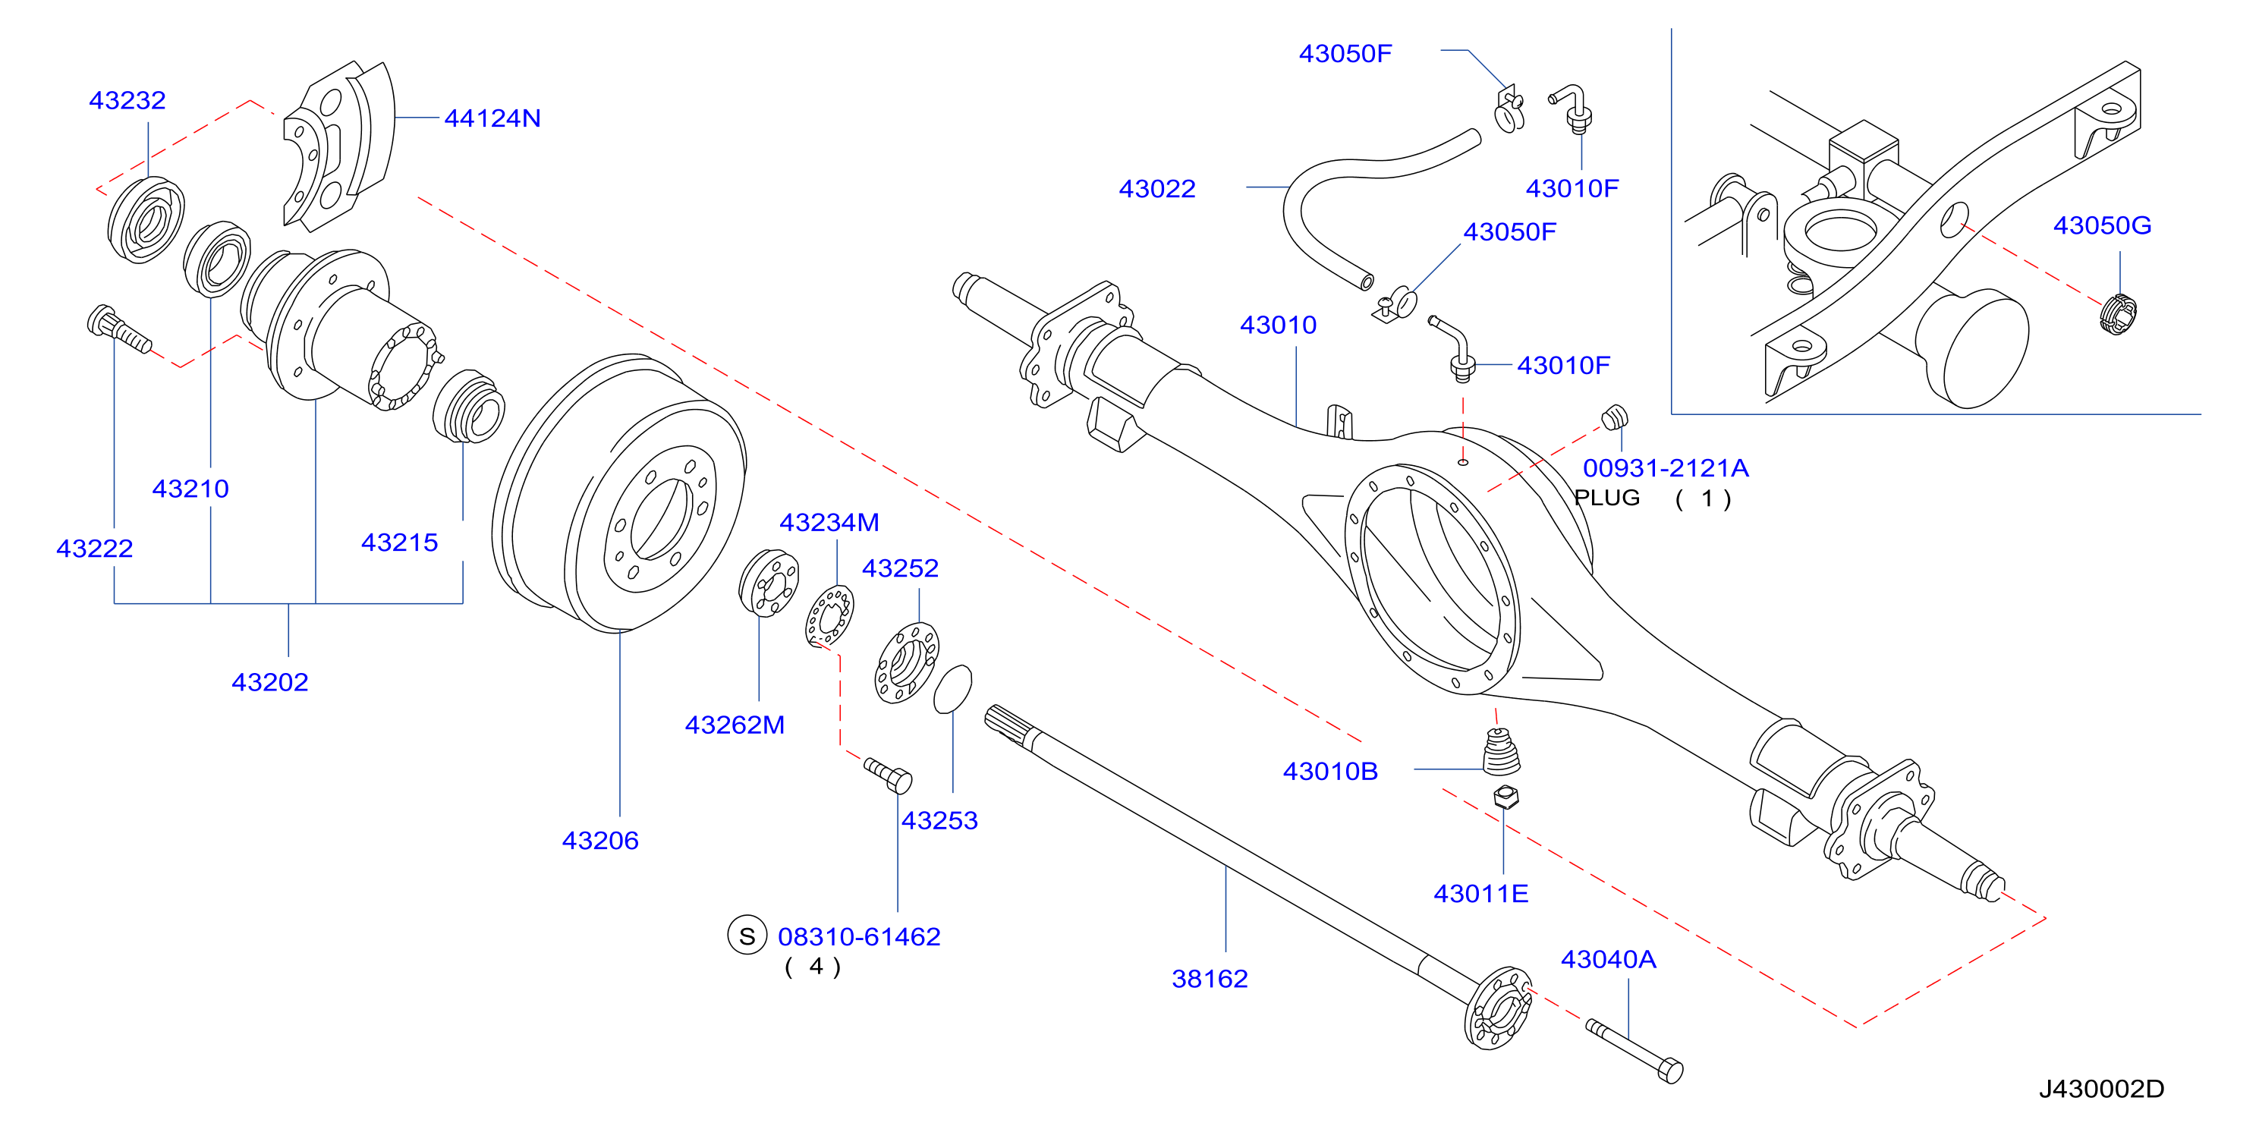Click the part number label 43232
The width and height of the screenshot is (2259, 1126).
click(x=127, y=100)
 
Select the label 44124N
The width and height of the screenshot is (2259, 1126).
click(x=492, y=118)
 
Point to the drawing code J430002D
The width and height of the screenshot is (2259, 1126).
click(x=2101, y=1088)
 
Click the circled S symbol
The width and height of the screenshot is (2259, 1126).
click(x=747, y=936)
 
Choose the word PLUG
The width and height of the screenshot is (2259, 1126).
click(x=1606, y=497)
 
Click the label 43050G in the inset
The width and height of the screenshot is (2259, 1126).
click(x=2102, y=225)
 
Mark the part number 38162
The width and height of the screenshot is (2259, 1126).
click(x=1210, y=978)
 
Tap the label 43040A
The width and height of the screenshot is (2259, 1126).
click(x=1608, y=958)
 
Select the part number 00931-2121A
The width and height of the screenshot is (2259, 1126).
click(x=1666, y=467)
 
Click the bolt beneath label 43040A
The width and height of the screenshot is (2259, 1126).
click(x=1634, y=1051)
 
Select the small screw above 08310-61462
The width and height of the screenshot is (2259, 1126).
click(x=889, y=775)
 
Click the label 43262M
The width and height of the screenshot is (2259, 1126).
click(x=734, y=725)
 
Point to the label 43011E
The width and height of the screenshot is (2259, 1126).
click(x=1480, y=893)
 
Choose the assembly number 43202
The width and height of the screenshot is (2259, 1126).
click(x=270, y=681)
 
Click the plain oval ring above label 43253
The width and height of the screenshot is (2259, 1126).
click(x=952, y=689)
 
